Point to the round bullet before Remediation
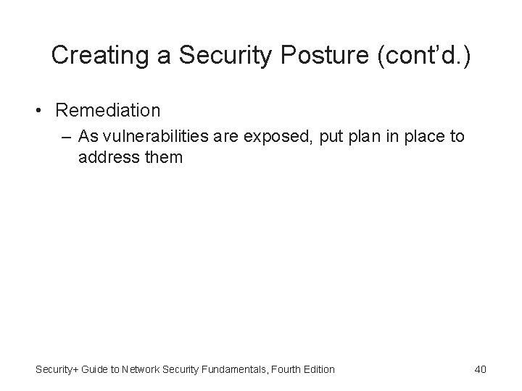pos(43,111)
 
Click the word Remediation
pos(107,111)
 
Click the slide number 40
pos(480,369)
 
